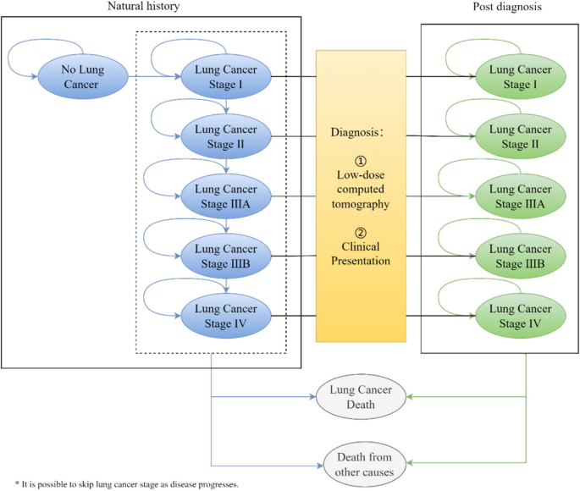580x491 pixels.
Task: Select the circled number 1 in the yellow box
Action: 360,160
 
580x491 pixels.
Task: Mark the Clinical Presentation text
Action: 361,254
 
